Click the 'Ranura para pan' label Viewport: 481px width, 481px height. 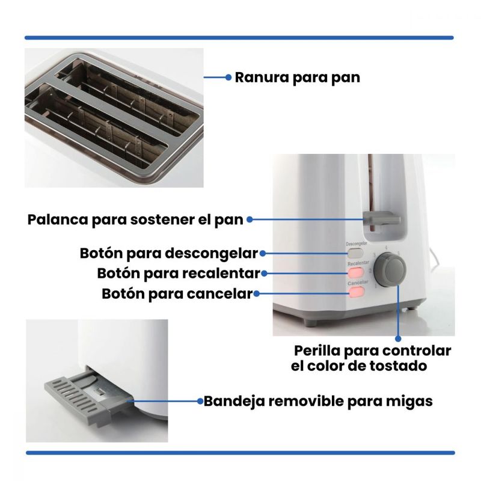click(x=297, y=78)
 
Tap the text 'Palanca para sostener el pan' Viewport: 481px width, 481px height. click(x=135, y=219)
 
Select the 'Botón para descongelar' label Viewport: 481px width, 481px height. click(x=169, y=253)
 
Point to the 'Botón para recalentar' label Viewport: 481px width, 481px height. click(x=179, y=274)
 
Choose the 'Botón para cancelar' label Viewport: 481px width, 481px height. click(x=177, y=293)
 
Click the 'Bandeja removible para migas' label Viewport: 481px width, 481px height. click(x=318, y=401)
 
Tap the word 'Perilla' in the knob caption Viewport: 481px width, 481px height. click(x=317, y=351)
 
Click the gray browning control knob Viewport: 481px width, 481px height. click(x=390, y=269)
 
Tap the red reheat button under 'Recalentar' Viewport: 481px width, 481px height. click(x=356, y=272)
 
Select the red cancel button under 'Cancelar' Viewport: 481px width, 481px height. click(x=357, y=292)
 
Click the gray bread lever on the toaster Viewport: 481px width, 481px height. click(x=382, y=219)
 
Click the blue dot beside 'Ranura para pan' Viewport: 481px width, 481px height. click(x=228, y=78)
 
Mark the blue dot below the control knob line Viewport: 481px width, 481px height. click(x=398, y=339)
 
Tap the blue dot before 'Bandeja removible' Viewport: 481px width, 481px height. click(x=200, y=401)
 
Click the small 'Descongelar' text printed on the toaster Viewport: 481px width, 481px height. click(x=357, y=244)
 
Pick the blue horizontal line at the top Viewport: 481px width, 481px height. click(x=239, y=38)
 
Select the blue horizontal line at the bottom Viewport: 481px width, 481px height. click(x=240, y=453)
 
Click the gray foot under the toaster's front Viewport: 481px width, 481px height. click(x=310, y=323)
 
